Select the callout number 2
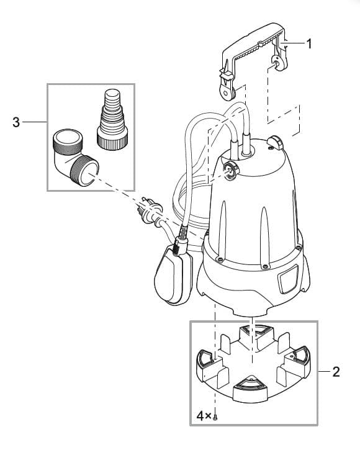click(x=336, y=372)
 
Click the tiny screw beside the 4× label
click(x=215, y=418)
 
